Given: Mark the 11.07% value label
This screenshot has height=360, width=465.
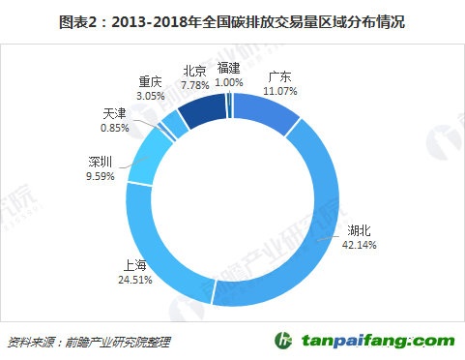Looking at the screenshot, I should (279, 90).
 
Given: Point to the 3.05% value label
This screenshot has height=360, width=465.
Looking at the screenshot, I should (150, 97).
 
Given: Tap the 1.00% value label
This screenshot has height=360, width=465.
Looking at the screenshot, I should (229, 82).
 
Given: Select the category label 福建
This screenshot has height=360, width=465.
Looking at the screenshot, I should (229, 68).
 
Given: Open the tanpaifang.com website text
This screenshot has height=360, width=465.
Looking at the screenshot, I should (377, 341).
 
